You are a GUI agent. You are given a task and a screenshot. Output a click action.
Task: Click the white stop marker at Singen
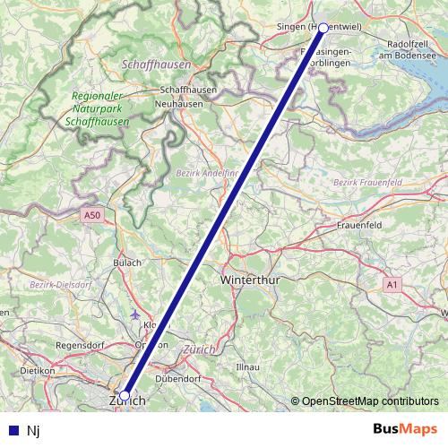(323, 28)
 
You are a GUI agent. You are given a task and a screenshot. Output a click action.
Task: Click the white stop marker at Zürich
(125, 395)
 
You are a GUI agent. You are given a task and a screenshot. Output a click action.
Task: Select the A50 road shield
(92, 215)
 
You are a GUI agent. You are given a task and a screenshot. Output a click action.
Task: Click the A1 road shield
(392, 284)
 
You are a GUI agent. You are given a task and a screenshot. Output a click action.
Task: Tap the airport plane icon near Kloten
(135, 314)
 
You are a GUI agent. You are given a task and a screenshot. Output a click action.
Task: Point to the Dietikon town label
(38, 370)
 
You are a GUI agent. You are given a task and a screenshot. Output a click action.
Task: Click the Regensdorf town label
(81, 344)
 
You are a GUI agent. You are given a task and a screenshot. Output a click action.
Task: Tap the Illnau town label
(246, 367)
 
